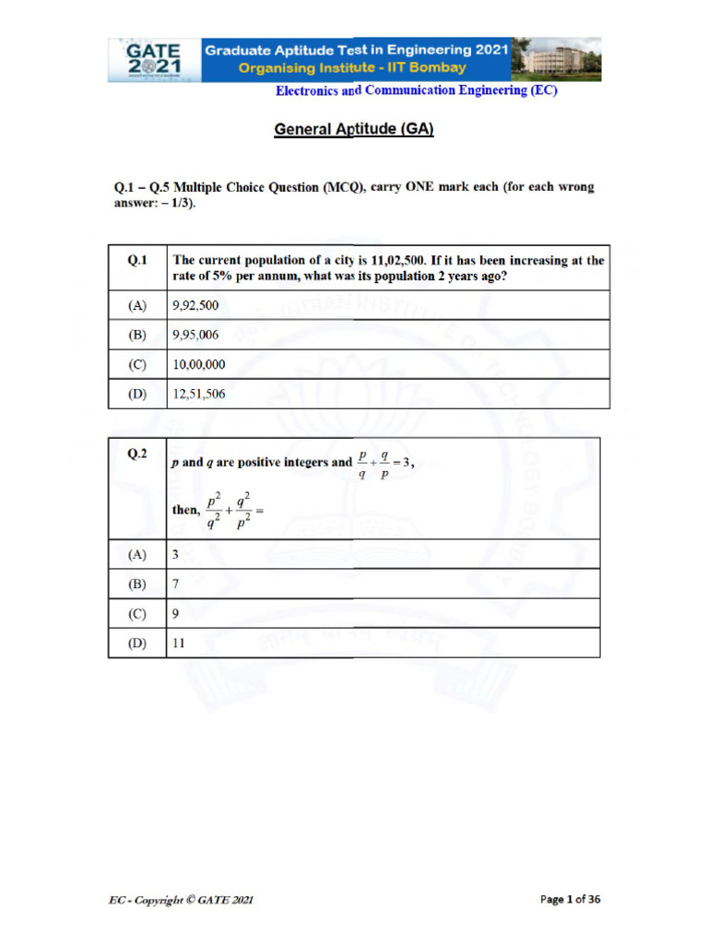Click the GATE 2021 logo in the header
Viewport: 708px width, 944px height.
pos(153,60)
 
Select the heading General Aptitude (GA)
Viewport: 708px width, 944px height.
pos(354,130)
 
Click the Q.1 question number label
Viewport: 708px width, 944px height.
pos(137,261)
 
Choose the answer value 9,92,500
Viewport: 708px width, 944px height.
pos(195,305)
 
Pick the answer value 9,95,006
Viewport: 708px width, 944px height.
pos(195,335)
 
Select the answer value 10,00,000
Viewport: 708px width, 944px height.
pos(198,364)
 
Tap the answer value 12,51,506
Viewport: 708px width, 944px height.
pos(198,394)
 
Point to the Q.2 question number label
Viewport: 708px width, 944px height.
pos(137,454)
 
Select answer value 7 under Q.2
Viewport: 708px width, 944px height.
pos(176,584)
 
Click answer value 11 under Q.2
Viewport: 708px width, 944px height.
pos(179,643)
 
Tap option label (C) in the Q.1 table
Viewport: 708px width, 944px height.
pos(137,364)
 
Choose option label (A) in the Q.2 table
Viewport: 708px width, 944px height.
pos(137,554)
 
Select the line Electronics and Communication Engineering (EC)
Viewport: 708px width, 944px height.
pos(417,90)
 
